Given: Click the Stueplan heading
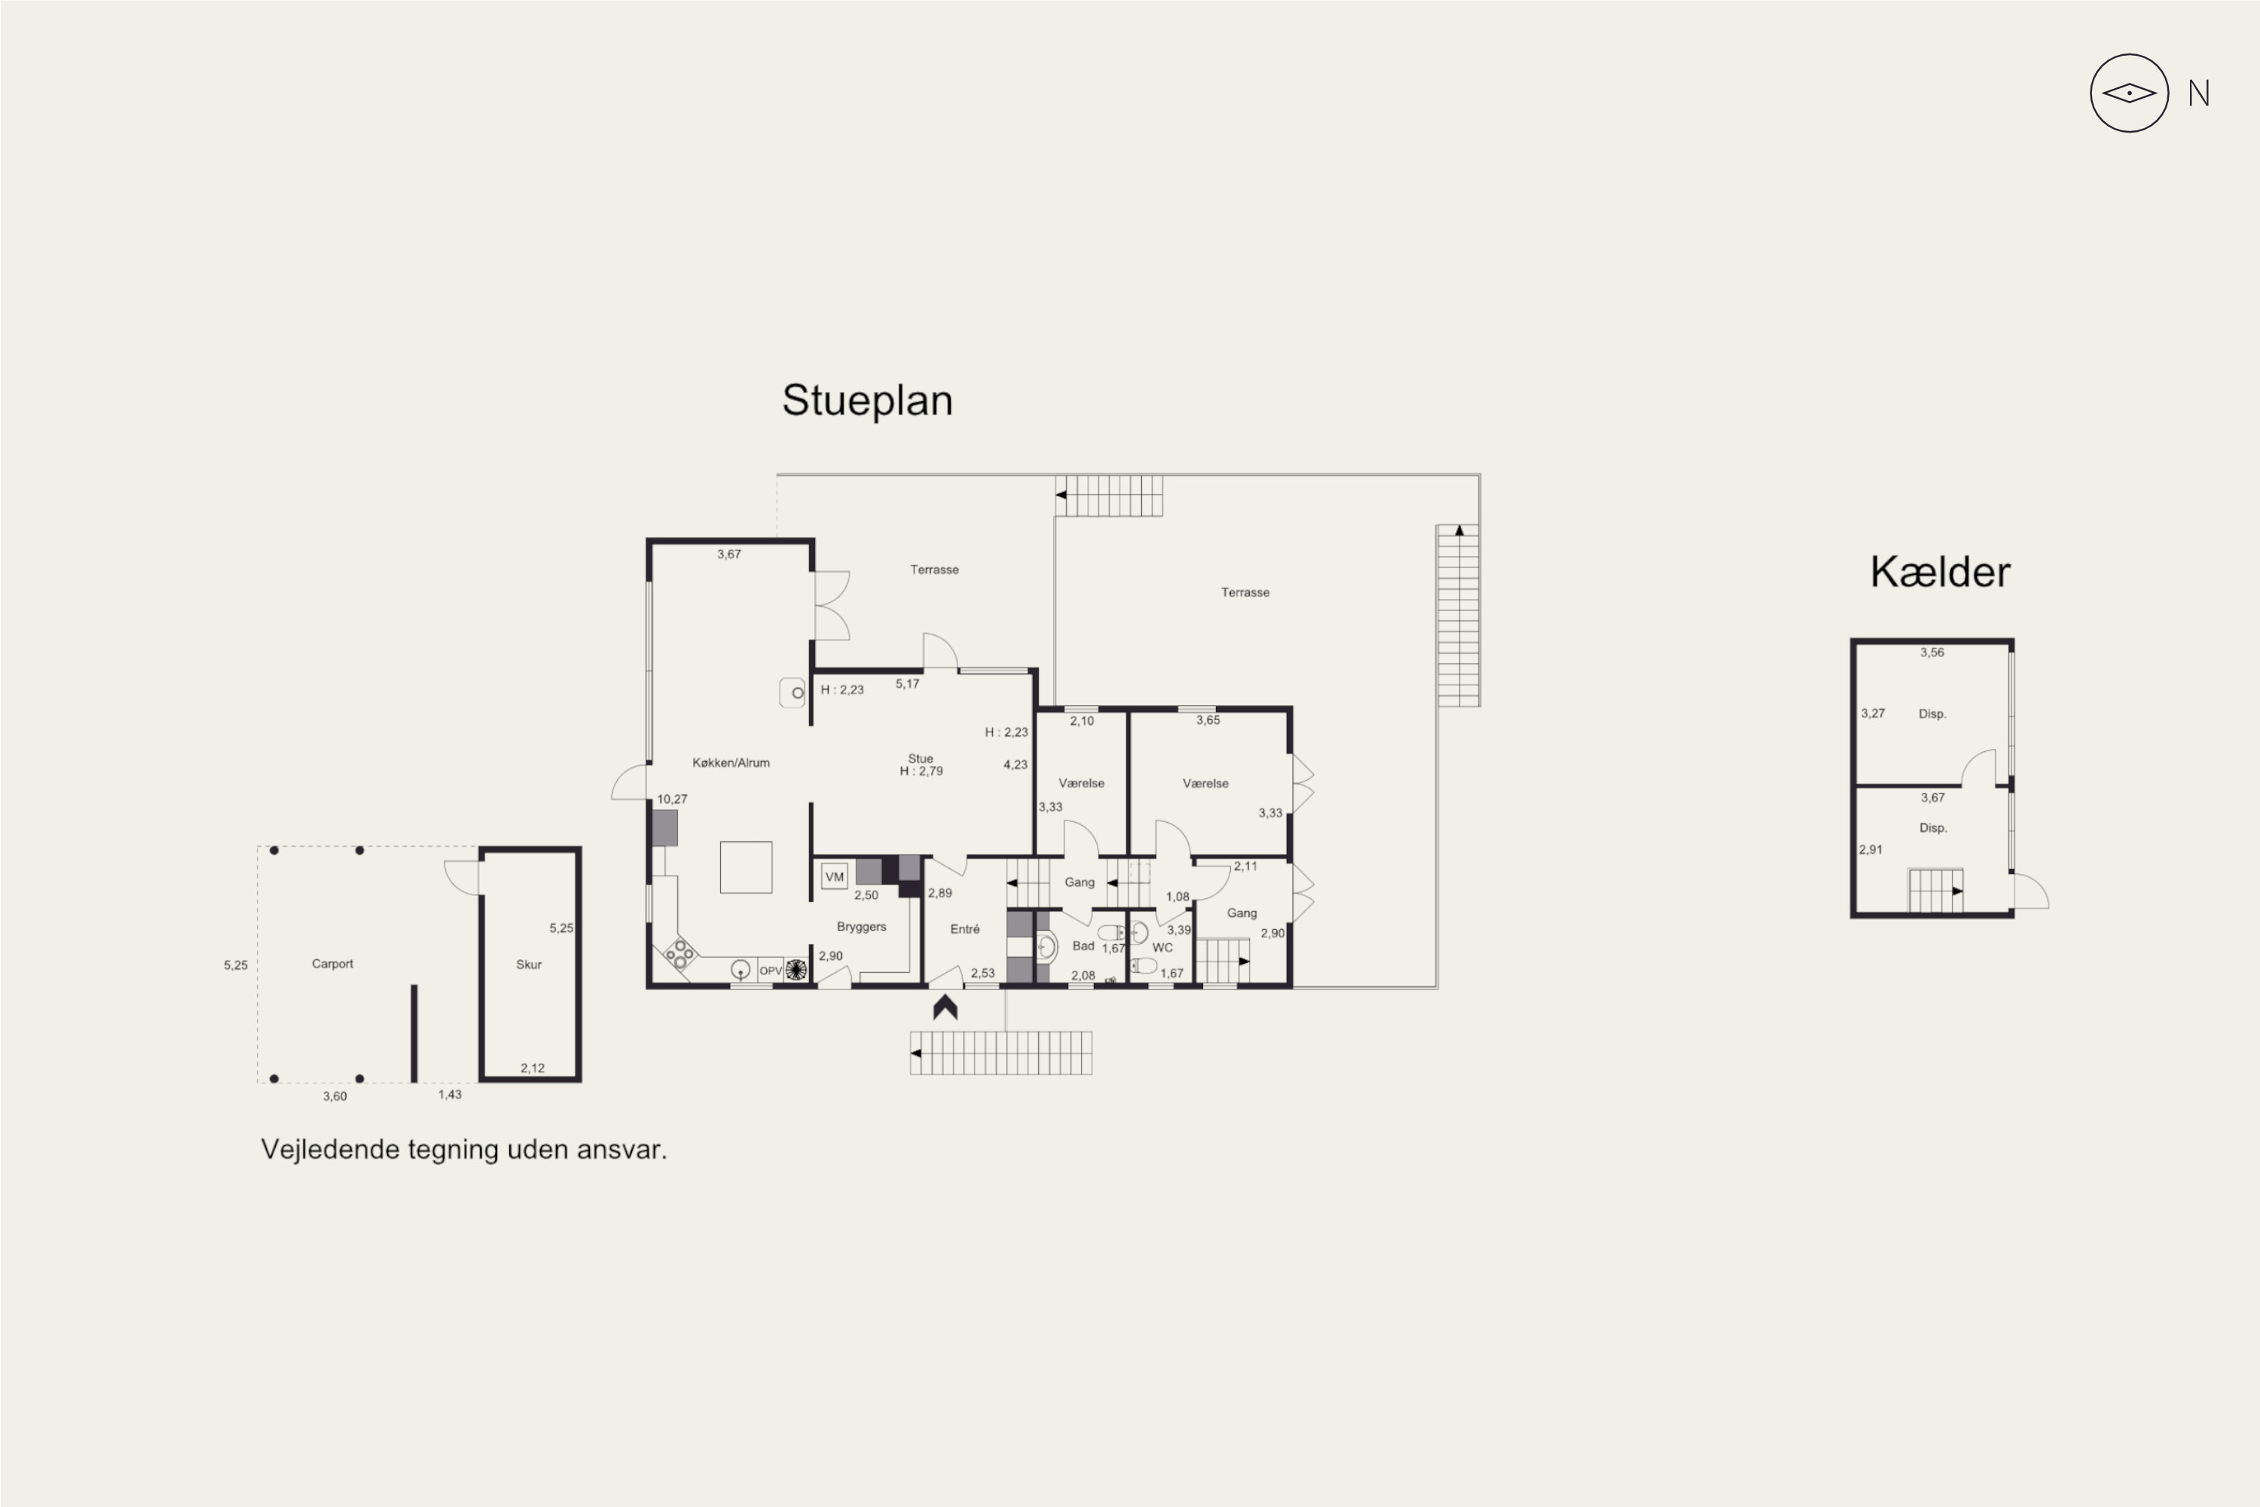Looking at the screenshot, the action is pyautogui.click(x=867, y=401).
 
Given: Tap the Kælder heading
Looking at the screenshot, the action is pyautogui.click(x=1940, y=572).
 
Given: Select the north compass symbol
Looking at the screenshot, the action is pyautogui.click(x=2130, y=93).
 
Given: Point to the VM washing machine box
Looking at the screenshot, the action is pyautogui.click(x=834, y=876).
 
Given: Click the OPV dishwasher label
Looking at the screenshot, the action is pyautogui.click(x=771, y=971).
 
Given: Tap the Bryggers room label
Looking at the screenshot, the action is pyautogui.click(x=861, y=927).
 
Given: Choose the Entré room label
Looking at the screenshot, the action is pyautogui.click(x=965, y=929).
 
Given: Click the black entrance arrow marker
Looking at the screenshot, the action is pyautogui.click(x=945, y=1007).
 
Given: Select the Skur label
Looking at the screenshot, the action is pyautogui.click(x=529, y=964).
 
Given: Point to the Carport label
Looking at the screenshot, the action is pyautogui.click(x=332, y=964).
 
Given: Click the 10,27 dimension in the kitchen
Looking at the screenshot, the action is pyautogui.click(x=672, y=799).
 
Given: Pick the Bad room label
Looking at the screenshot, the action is pyautogui.click(x=1083, y=946).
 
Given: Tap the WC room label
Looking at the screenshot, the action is pyautogui.click(x=1162, y=948).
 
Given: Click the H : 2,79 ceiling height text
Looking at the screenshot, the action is pyautogui.click(x=921, y=771).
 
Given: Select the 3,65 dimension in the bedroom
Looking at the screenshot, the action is pyautogui.click(x=1208, y=720).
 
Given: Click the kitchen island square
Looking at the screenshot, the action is pyautogui.click(x=746, y=867).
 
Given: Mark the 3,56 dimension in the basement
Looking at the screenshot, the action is pyautogui.click(x=1932, y=653).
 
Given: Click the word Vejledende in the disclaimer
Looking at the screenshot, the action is pyautogui.click(x=331, y=1151).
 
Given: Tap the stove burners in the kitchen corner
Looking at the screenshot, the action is pyautogui.click(x=680, y=952).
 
